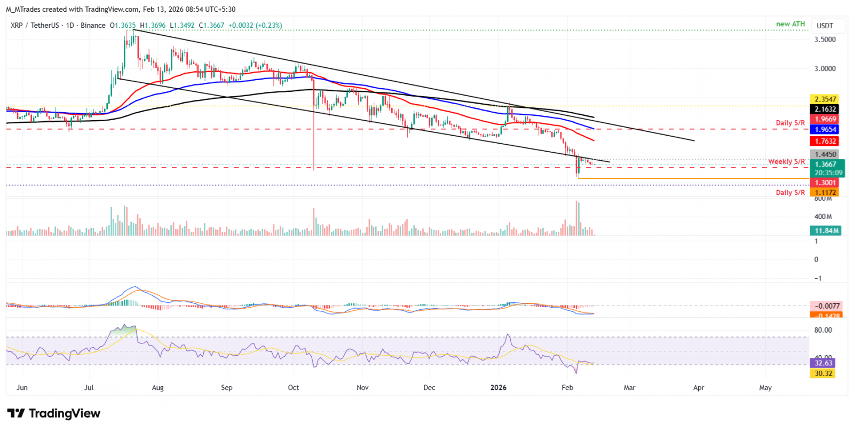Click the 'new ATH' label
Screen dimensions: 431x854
tap(790, 24)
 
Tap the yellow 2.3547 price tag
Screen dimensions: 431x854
tap(825, 99)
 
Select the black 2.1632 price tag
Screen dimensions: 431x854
tap(825, 109)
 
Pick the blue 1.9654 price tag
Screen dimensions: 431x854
tap(825, 129)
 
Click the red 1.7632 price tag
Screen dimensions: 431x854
tap(825, 141)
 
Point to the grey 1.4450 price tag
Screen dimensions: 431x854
tap(825, 154)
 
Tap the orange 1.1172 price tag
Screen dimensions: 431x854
tap(825, 192)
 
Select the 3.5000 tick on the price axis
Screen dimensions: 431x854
tap(825, 40)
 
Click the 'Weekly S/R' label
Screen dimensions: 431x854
tap(786, 162)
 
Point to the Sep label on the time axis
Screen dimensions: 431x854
tap(227, 388)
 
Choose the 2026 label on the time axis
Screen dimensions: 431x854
tap(499, 388)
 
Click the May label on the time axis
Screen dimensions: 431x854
tap(765, 388)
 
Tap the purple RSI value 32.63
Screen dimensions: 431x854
tap(823, 363)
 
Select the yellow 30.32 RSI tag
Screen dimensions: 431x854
tap(823, 373)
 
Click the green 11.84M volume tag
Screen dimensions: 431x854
tap(825, 231)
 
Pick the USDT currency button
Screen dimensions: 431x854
tap(825, 26)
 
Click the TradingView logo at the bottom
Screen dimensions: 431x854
tap(54, 413)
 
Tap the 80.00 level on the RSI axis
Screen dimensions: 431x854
tap(823, 330)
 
